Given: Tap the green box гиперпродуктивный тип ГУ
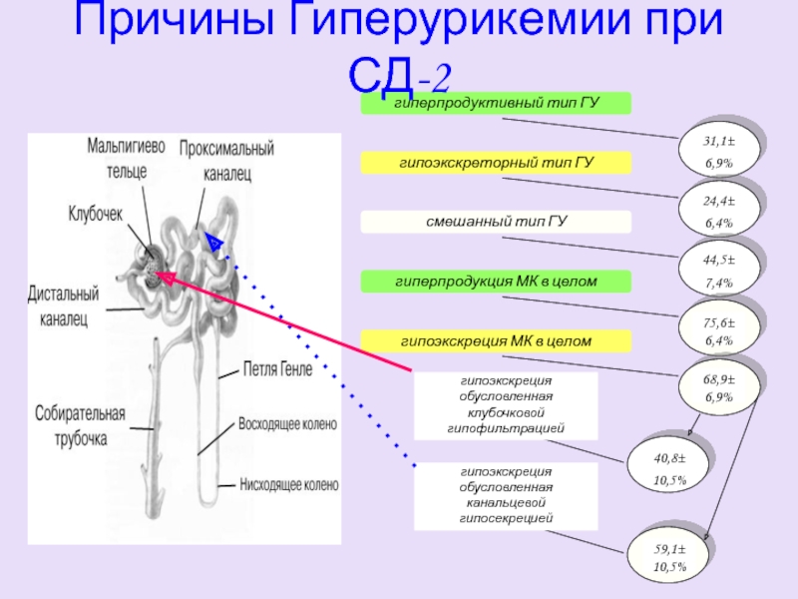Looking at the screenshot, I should pyautogui.click(x=496, y=102).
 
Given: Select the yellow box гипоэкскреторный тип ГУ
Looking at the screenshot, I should pyautogui.click(x=496, y=162).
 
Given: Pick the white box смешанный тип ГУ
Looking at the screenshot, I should pyautogui.click(x=496, y=221).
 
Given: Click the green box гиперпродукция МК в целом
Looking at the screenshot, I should pyautogui.click(x=496, y=282).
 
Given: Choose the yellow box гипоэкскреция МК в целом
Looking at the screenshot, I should pyautogui.click(x=496, y=341).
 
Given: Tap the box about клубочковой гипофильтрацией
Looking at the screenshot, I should pyautogui.click(x=506, y=406).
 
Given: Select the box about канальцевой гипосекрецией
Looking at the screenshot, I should pyautogui.click(x=506, y=495).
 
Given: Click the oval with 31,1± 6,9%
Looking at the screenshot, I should pyautogui.click(x=718, y=153).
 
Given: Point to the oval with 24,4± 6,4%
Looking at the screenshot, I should pyautogui.click(x=718, y=212).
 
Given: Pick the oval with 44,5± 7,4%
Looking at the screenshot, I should pyautogui.click(x=718, y=272).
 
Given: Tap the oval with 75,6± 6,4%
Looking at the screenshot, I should pyautogui.click(x=718, y=331).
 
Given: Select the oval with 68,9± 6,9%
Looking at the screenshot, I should pyautogui.click(x=718, y=388).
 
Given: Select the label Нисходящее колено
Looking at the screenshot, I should pyautogui.click(x=288, y=486).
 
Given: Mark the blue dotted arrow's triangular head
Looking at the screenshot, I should pyautogui.click(x=212, y=241).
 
